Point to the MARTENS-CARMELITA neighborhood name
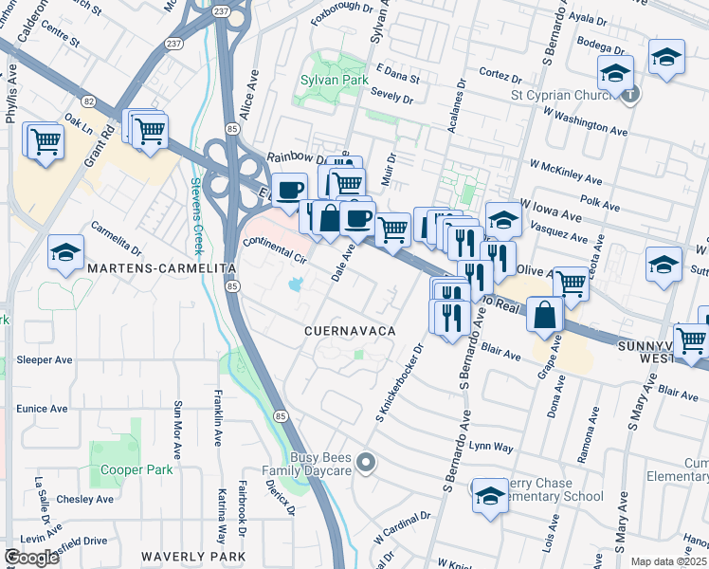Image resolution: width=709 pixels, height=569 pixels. point(160,269)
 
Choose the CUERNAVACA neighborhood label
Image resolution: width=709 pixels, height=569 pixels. point(348,331)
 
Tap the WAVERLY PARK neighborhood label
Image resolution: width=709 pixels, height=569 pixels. point(193,557)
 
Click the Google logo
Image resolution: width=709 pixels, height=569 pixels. point(31,558)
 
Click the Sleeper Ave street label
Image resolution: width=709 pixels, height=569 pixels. point(45,360)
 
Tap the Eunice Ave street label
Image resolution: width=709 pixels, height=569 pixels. point(42,409)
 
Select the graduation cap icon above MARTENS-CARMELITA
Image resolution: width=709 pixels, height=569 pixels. point(65,253)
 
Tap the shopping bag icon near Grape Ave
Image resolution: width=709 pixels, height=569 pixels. point(547,317)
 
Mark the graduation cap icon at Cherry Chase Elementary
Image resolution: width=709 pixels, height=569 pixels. point(490,497)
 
